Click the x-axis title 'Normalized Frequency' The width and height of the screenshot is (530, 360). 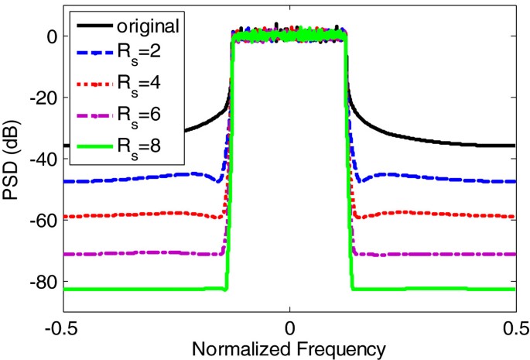coord(289,348)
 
